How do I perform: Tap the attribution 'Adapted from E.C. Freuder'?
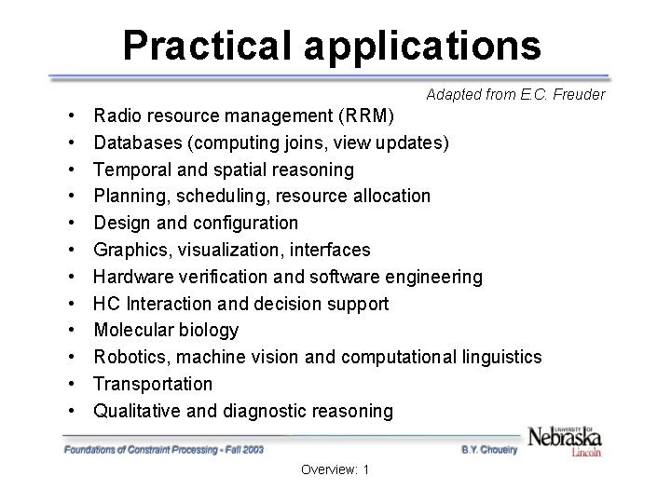point(515,94)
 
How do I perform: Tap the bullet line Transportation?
point(153,384)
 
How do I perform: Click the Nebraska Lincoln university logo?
point(565,441)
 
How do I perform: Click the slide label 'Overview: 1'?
point(335,469)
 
